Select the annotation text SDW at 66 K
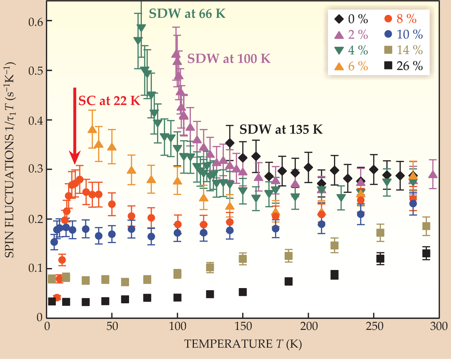187,14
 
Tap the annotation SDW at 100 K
229,58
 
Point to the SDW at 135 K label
281,130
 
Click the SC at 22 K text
109,101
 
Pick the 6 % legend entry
351,66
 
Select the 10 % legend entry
403,34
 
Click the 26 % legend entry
403,66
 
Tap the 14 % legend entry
403,50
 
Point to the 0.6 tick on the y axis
35,22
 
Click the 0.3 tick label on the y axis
35,169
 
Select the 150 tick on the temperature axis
243,326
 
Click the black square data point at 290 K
426,253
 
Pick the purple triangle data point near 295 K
433,174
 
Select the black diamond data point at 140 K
230,143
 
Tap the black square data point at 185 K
289,281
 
